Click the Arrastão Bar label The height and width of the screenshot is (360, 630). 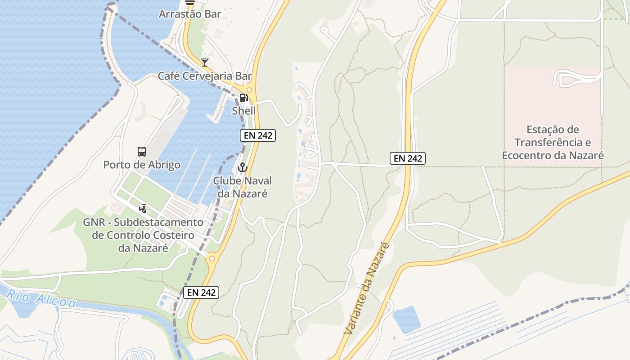point(190,14)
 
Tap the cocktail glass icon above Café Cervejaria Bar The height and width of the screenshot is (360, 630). point(205,62)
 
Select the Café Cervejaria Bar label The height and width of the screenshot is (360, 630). point(205,76)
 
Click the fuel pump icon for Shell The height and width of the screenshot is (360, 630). point(243,97)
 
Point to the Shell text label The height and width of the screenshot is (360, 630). point(243,111)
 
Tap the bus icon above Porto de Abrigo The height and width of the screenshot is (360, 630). point(142,151)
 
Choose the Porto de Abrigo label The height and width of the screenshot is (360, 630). point(142,165)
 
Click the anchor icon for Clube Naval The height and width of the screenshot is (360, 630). point(243,167)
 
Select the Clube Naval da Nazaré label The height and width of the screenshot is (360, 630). point(243,187)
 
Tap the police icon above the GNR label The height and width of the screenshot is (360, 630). point(143,208)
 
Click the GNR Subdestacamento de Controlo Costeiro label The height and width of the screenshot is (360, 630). point(143,235)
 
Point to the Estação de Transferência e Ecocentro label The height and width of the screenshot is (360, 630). point(553,143)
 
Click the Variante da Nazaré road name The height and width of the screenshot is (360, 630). point(367,288)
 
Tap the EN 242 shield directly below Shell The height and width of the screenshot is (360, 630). point(257,135)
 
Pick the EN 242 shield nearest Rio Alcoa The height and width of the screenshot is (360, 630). point(201,292)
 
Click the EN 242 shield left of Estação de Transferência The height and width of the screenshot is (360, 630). point(408,158)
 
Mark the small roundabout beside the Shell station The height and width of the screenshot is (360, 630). point(249,90)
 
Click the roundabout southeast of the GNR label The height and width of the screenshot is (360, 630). point(212,258)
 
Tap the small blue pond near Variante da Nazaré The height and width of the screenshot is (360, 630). point(407,319)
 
